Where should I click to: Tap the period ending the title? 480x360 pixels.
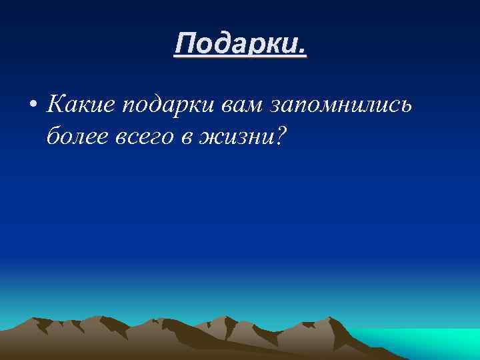[x=303, y=52]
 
